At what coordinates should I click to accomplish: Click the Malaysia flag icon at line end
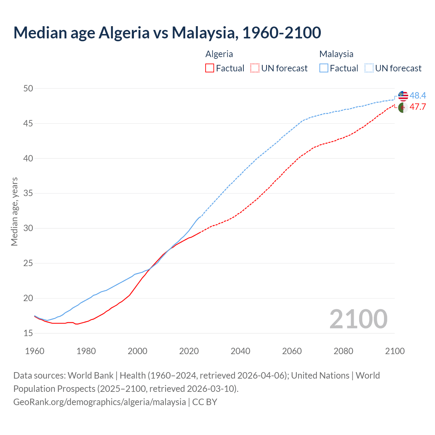tap(403, 96)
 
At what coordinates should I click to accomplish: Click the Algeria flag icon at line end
tap(403, 107)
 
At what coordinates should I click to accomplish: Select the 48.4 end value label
tap(418, 96)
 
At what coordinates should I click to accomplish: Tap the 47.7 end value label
tap(418, 107)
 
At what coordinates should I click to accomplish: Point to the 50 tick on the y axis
tap(28, 88)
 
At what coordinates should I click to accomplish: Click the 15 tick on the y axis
tap(28, 333)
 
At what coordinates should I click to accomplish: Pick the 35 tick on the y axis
tap(28, 193)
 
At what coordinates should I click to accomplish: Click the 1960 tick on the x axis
tap(35, 351)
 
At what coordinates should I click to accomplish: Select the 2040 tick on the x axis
tap(240, 351)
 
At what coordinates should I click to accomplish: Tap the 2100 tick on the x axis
tap(395, 351)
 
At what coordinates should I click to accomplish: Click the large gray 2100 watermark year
tap(358, 319)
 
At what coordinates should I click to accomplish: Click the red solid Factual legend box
tap(210, 68)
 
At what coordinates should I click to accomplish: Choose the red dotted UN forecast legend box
tap(255, 68)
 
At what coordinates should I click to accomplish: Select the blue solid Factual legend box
tap(324, 68)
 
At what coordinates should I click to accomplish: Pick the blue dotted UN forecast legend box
tap(369, 68)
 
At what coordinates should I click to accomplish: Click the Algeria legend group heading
tap(219, 54)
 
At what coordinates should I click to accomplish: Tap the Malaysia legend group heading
tap(336, 54)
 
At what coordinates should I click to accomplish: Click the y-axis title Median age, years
tap(14, 211)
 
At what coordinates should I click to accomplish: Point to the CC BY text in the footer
tap(205, 402)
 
